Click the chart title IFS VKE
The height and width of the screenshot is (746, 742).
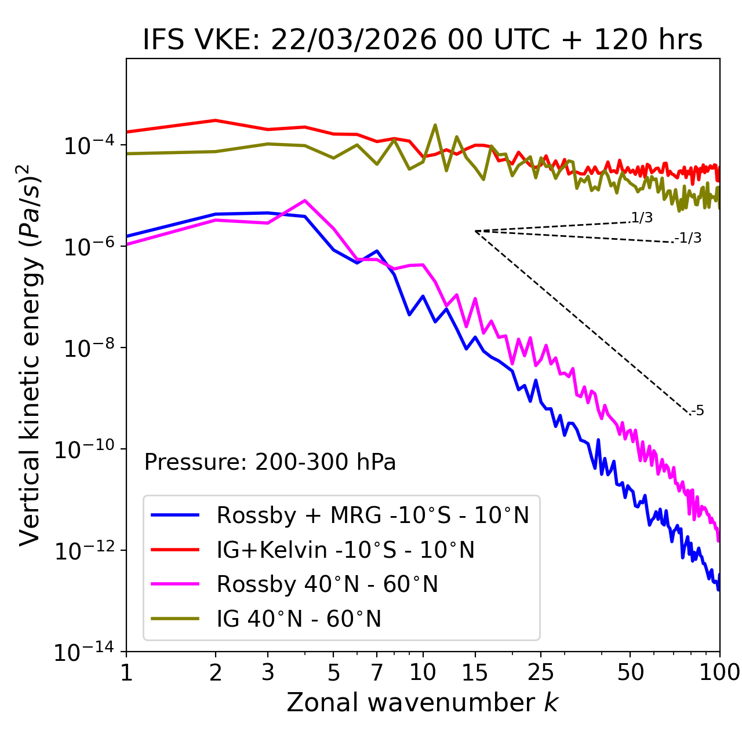coord(423,40)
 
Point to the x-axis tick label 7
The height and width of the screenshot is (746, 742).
coord(377,672)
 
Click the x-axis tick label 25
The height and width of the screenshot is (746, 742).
coord(540,672)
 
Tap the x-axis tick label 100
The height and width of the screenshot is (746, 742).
coord(719,672)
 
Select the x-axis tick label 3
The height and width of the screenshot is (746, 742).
coord(268,672)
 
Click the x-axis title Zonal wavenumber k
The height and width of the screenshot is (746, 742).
coord(423,703)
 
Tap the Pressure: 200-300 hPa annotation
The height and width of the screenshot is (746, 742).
coord(270,462)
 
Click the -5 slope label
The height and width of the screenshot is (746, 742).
coord(697,411)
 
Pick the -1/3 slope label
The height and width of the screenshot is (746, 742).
coord(689,238)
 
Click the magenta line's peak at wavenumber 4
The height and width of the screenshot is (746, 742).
coord(305,200)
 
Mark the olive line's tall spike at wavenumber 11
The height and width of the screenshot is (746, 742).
coord(435,125)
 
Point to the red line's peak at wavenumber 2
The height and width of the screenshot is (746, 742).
coord(216,120)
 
